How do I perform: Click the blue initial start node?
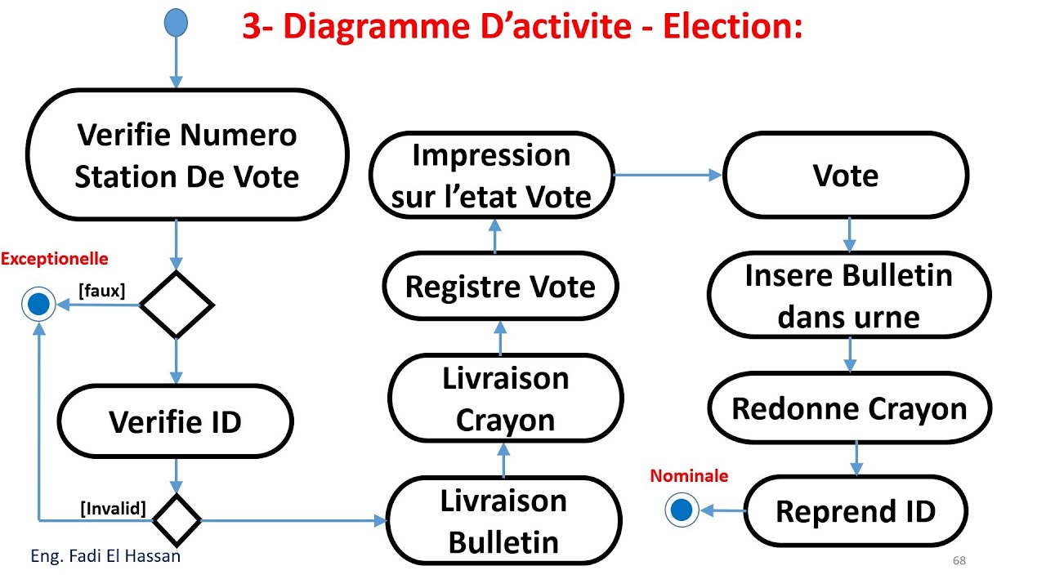tap(176, 22)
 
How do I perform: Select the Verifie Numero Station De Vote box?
tap(187, 155)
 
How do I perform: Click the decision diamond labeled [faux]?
tap(177, 305)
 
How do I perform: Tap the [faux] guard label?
tap(101, 290)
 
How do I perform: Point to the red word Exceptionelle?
tap(54, 259)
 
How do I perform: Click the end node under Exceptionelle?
tap(38, 305)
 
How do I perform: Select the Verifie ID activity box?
tap(176, 422)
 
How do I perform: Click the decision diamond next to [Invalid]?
tap(177, 519)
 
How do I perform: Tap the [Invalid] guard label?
tap(113, 510)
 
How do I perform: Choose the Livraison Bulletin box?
tap(503, 521)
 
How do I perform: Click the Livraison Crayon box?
tap(505, 399)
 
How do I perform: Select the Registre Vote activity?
tap(500, 287)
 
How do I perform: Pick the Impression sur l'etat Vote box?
tap(491, 176)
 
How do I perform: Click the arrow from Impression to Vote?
tap(667, 175)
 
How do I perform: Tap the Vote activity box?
tap(846, 176)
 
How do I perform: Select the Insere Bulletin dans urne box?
tap(848, 295)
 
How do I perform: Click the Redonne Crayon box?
tap(849, 408)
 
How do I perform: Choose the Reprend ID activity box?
tap(855, 511)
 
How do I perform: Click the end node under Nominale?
tap(681, 511)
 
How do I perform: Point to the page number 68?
tap(959, 561)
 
